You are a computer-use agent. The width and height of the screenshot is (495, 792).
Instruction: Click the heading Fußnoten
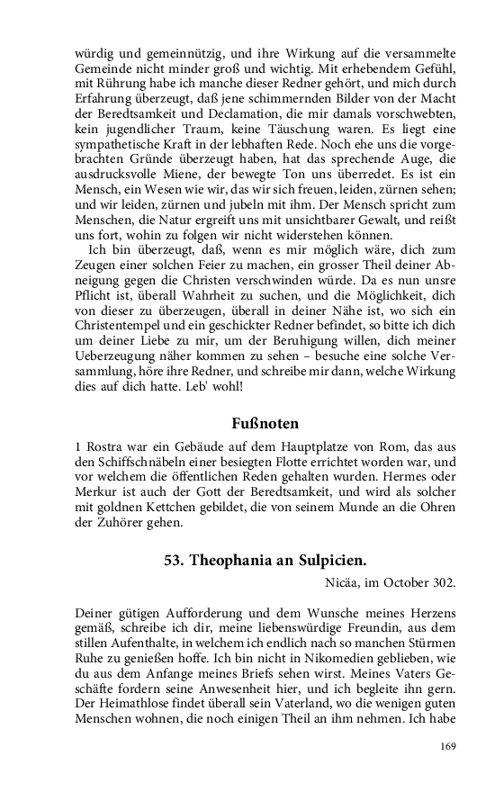click(265, 422)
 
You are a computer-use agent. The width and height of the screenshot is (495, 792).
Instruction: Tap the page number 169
click(448, 745)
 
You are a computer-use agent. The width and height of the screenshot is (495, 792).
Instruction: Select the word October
click(404, 580)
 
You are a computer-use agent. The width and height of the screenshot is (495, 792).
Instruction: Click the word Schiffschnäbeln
click(122, 462)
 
